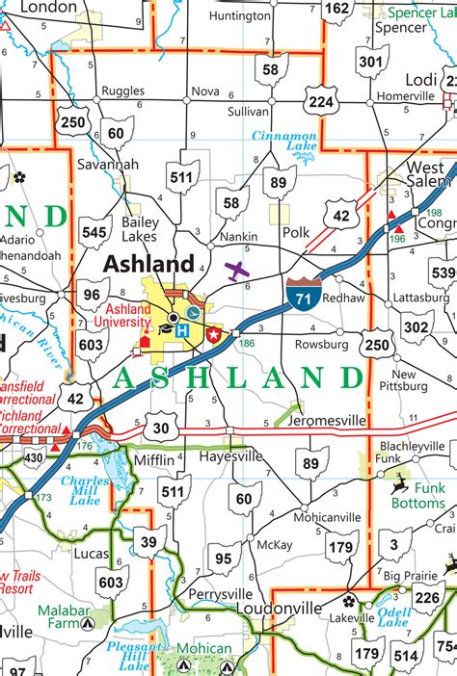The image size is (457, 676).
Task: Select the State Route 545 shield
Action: (94, 232)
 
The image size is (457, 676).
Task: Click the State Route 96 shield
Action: (93, 295)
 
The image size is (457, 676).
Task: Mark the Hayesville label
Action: (230, 458)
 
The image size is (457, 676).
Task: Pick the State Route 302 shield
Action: (416, 327)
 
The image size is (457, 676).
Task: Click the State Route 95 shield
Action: (223, 558)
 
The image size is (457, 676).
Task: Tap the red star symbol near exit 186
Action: (214, 334)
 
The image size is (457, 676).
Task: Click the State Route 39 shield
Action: (148, 543)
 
